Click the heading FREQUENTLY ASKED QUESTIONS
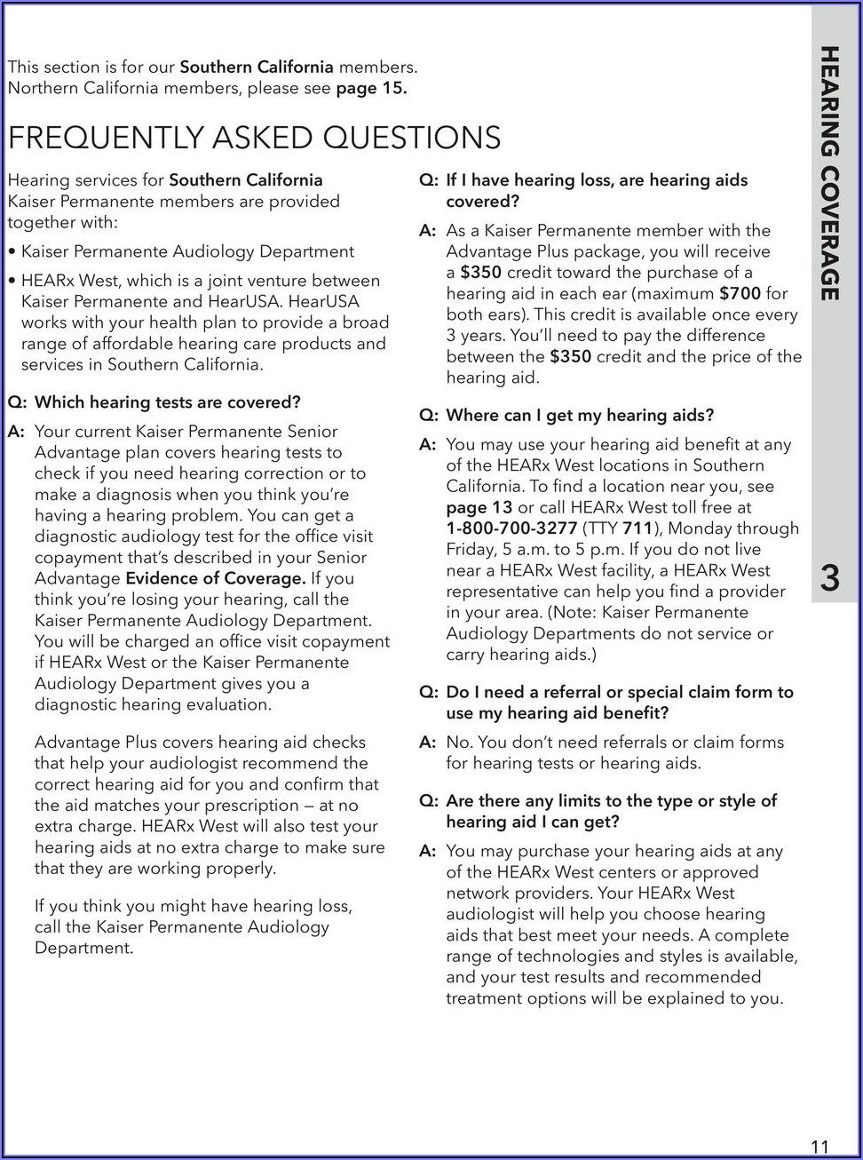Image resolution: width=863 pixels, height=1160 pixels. point(254,138)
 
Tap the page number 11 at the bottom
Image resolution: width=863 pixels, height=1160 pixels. point(819,1146)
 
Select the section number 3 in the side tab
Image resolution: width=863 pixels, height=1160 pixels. point(829,578)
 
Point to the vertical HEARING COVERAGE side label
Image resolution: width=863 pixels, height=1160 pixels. point(829,173)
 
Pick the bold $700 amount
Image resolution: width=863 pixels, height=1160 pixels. point(740,293)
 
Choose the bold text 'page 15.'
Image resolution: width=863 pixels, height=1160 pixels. point(371,88)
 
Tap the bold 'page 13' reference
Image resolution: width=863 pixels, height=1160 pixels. point(479,507)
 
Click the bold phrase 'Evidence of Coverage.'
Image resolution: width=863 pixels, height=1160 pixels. point(216,578)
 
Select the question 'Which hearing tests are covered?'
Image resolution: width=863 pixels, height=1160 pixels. point(167,402)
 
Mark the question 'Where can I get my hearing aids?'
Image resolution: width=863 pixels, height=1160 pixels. point(580,415)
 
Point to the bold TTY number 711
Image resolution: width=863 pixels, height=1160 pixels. point(637,528)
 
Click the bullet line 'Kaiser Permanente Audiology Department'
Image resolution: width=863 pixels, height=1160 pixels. point(187,251)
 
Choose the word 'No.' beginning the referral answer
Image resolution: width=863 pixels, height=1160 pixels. point(460,742)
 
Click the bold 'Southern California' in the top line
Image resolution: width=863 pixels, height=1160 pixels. point(257,67)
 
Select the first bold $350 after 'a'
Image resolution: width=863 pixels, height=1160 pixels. point(480,272)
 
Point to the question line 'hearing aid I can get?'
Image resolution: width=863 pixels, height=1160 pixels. point(533,822)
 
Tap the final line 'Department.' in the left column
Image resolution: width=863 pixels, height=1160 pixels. point(83,948)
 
